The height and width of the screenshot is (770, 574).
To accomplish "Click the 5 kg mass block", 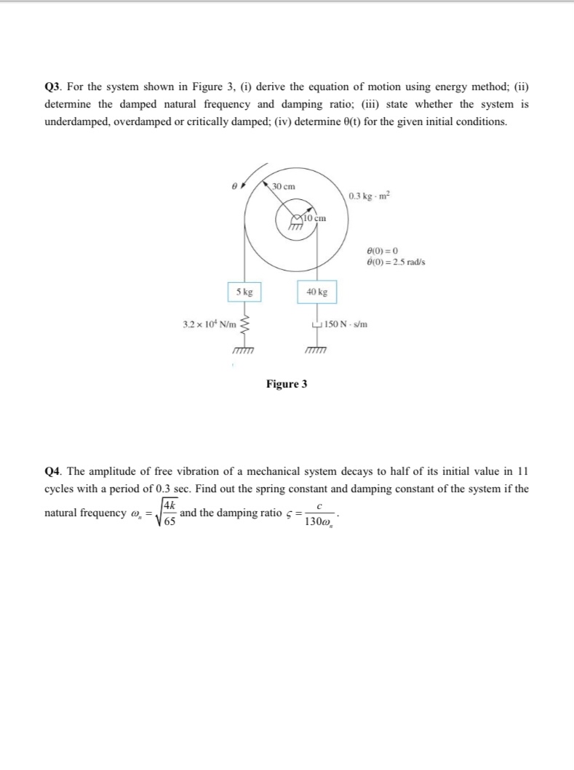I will pos(244,292).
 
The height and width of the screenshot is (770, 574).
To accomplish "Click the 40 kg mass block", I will pos(316,292).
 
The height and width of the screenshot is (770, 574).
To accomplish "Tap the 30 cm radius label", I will pos(284,187).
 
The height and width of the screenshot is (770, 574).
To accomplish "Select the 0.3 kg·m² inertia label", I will pos(369,196).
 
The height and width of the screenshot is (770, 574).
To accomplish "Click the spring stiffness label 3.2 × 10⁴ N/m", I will pos(206,324).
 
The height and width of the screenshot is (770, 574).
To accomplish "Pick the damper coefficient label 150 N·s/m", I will pos(346,324).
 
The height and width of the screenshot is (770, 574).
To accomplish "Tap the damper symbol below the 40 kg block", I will pos(316,324).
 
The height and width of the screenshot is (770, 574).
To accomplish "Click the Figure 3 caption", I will pos(286,384).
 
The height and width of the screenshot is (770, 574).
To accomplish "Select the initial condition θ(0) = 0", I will pos(383,251).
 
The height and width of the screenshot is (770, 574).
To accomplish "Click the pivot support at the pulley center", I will pos(295,223).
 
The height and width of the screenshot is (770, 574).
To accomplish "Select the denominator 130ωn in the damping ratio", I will pos(317,522).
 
